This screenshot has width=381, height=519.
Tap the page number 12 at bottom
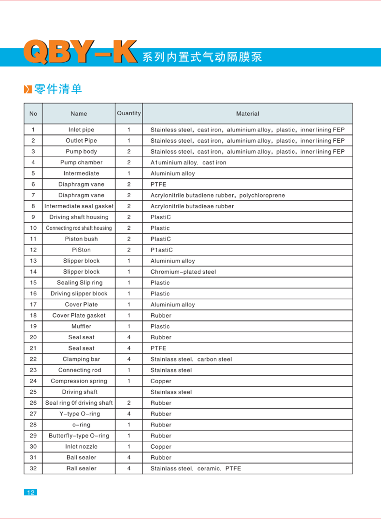[30, 492]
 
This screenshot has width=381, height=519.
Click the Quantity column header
[129, 113]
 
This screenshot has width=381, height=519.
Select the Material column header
[247, 114]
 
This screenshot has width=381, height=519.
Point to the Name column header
[79, 114]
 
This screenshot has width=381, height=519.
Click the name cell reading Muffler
[81, 326]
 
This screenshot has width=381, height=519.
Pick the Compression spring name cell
[79, 381]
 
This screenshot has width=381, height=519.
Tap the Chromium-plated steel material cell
[183, 272]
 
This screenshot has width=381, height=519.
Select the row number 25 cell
[33, 392]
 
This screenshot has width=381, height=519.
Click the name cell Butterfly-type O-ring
[79, 436]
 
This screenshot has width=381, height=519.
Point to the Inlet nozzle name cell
[81, 447]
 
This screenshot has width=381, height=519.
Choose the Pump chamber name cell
[79, 162]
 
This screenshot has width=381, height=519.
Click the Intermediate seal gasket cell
[79, 206]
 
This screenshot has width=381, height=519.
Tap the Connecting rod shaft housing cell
[79, 228]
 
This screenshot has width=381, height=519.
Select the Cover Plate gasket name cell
[79, 315]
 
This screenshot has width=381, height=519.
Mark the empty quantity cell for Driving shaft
[129, 392]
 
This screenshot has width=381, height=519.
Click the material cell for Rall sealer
[196, 468]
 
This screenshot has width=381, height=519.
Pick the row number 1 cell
[33, 130]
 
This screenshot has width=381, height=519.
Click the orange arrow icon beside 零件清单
[28, 89]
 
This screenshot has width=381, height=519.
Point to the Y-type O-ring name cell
[80, 414]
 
